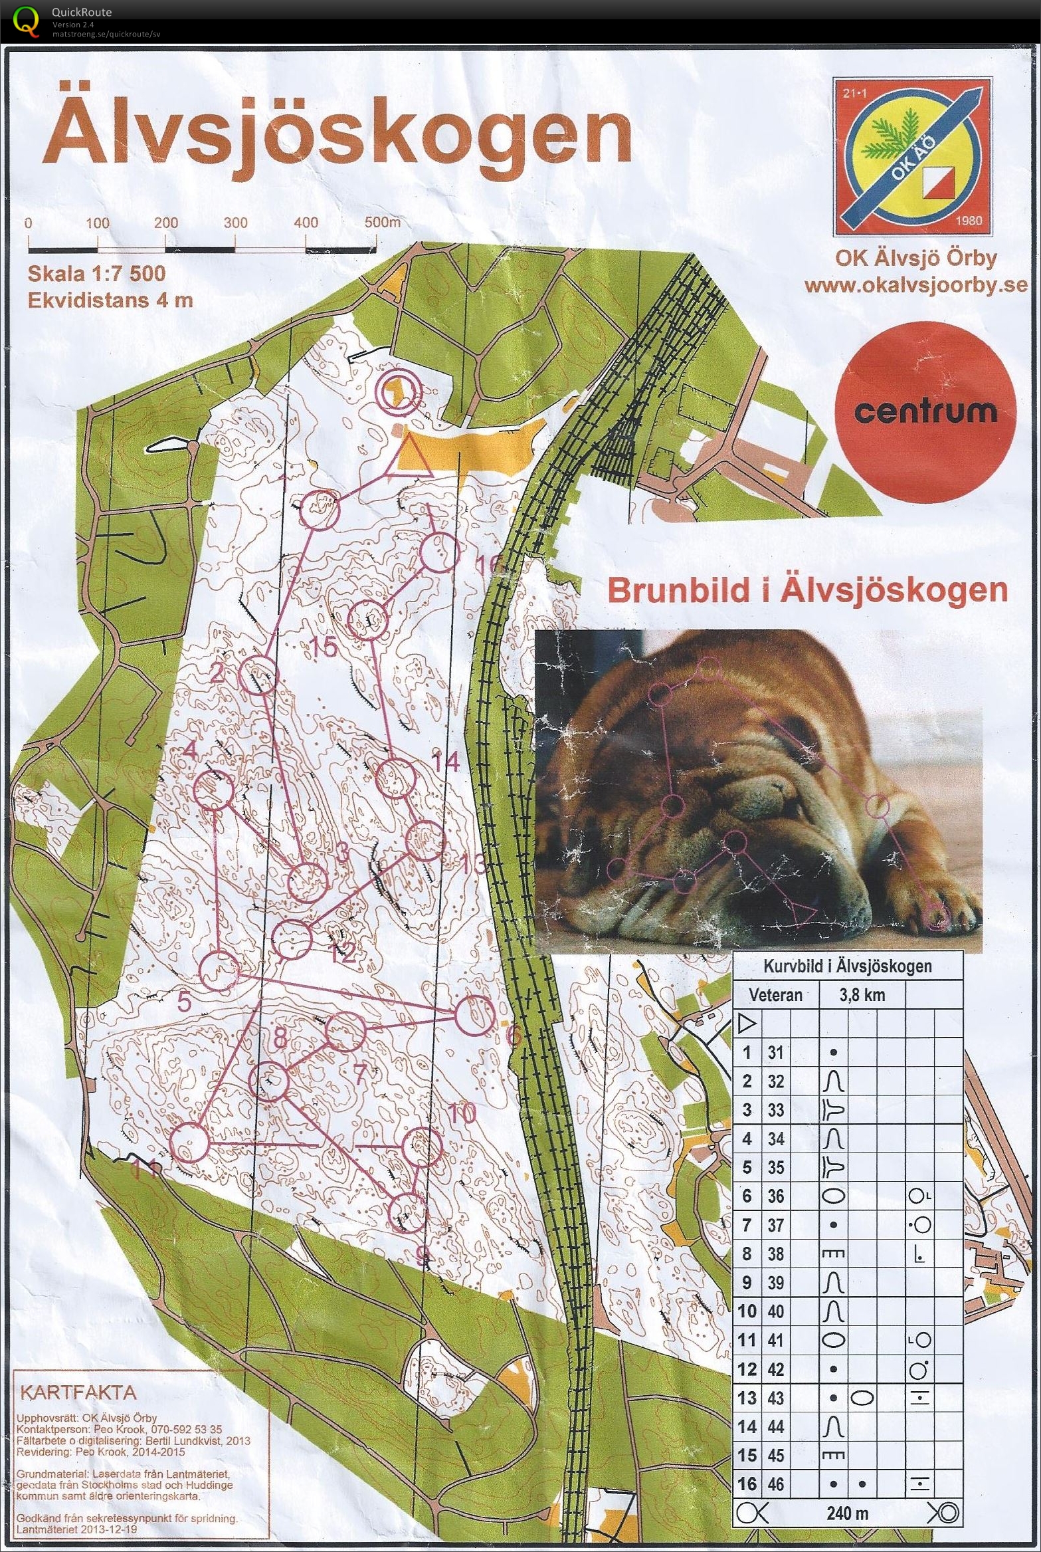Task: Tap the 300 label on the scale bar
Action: (x=235, y=223)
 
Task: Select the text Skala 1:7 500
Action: (x=96, y=274)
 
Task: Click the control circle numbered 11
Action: (x=190, y=1144)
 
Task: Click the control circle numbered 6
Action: (x=474, y=1016)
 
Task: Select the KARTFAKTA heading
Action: (x=78, y=1392)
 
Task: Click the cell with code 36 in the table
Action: (x=775, y=1196)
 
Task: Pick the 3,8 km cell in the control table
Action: (x=862, y=995)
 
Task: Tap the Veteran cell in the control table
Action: (x=775, y=995)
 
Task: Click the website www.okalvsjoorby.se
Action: (x=915, y=286)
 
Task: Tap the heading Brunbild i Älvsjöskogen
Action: (x=807, y=590)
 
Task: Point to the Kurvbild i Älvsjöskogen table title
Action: (x=847, y=966)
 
